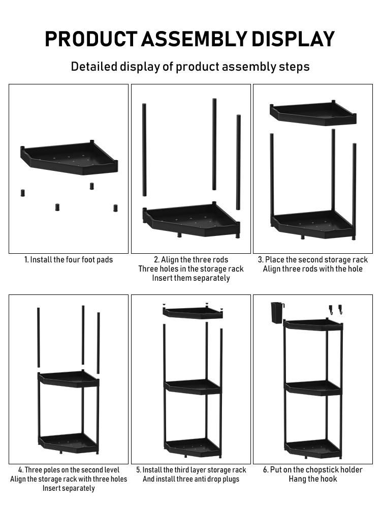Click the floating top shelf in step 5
193,313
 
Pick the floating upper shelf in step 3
312,113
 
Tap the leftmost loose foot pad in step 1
22,193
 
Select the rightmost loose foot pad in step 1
115,208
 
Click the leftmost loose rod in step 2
144,150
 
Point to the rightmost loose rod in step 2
238,162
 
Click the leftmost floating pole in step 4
38,337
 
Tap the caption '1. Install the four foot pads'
69,260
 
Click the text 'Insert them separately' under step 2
191,278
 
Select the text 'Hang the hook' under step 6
312,479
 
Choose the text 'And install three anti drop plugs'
191,479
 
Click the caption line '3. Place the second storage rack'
312,260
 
